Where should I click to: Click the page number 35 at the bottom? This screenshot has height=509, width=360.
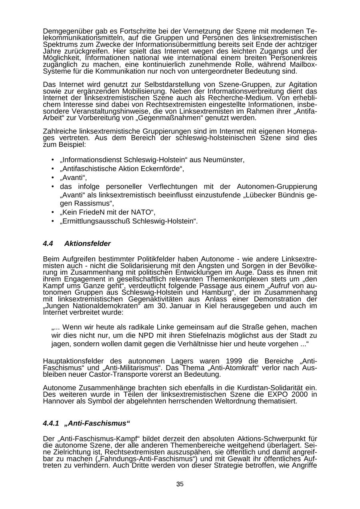pos(180,484)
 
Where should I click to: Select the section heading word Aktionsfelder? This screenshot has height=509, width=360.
pos(87,244)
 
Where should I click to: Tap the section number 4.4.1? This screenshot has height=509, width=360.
pos(51,423)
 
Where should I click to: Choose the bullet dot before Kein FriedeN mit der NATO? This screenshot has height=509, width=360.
pos(53,212)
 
